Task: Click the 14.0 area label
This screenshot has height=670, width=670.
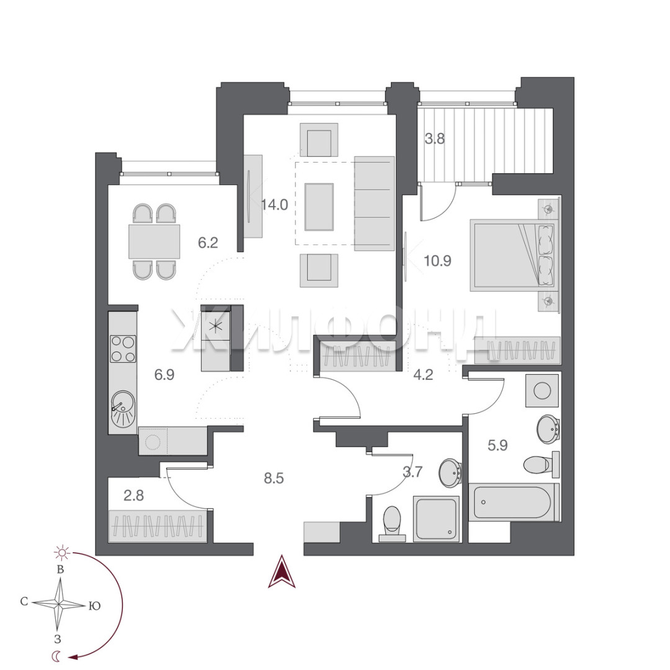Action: pyautogui.click(x=274, y=205)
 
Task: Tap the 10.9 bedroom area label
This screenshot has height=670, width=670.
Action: pyautogui.click(x=437, y=260)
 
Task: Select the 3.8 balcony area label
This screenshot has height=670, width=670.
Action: pyautogui.click(x=434, y=138)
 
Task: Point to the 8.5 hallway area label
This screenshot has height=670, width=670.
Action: pyautogui.click(x=274, y=478)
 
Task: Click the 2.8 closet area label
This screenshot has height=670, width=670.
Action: pyautogui.click(x=133, y=496)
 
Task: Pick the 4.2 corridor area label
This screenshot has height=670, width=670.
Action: pyautogui.click(x=423, y=375)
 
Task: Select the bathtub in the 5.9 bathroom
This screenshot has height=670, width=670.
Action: pyautogui.click(x=514, y=502)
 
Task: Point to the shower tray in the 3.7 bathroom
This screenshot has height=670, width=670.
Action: pyautogui.click(x=436, y=519)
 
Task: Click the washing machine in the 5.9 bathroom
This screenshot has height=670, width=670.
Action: pyautogui.click(x=542, y=391)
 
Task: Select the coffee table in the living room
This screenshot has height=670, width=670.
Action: pyautogui.click(x=319, y=207)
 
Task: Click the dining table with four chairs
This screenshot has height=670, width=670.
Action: pyautogui.click(x=154, y=241)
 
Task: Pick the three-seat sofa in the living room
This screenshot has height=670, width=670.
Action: pyautogui.click(x=374, y=203)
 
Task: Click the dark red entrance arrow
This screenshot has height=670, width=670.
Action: pyautogui.click(x=282, y=571)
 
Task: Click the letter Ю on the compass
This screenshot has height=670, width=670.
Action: pyautogui.click(x=94, y=605)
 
